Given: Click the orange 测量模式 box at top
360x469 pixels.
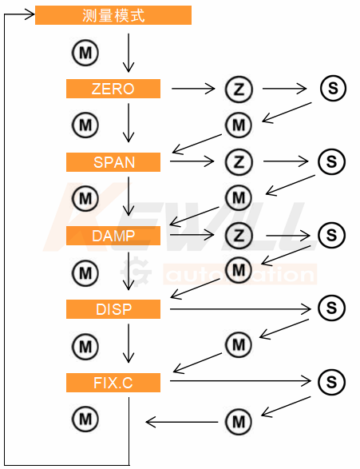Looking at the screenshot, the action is (113, 15).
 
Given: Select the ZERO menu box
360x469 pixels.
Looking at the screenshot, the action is (113, 89).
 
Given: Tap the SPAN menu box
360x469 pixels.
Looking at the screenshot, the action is (113, 162).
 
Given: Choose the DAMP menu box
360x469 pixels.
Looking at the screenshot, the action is (113, 236).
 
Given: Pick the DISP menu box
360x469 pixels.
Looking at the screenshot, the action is (113, 309).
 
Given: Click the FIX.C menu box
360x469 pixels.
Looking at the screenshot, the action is (113, 383).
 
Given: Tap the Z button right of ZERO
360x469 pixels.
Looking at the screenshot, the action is (239, 89).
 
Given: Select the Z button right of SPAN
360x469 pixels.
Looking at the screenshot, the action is (239, 162).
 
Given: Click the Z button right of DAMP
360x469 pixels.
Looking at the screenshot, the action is (239, 235).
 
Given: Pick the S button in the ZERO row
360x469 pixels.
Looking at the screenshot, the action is (333, 88).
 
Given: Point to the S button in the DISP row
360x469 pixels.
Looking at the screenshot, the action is (331, 308).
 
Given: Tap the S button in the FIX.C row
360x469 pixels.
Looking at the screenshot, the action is (331, 382).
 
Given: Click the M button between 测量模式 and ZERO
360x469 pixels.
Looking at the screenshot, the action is (85, 53).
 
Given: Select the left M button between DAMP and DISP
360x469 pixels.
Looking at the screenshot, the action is (85, 273).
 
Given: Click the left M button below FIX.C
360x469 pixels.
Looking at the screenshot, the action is (85, 419).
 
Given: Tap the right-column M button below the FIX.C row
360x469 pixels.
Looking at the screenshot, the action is (239, 422).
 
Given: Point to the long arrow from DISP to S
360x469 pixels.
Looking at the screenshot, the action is (240, 308).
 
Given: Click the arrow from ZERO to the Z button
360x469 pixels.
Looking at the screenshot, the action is (193, 89).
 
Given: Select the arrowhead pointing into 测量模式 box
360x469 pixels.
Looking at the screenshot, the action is (30, 14).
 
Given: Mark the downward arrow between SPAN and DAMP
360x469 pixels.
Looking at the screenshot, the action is (129, 196).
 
